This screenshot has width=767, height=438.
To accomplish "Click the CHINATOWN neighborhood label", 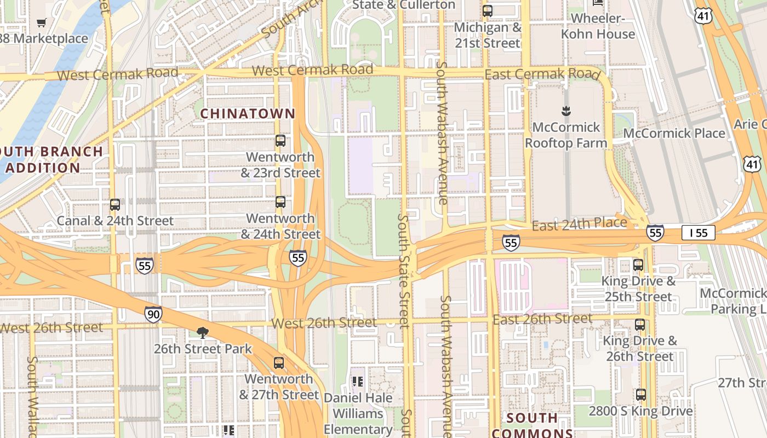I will tap(248, 114).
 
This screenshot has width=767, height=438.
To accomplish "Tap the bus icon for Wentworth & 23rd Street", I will tap(281, 141).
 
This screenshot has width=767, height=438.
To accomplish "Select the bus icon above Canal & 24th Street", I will tap(115, 205).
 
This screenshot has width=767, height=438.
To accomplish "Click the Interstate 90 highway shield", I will tap(153, 314).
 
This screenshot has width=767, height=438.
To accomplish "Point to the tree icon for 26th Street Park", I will tap(203, 332).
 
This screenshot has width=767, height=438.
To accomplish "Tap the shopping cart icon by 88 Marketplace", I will tap(41, 22).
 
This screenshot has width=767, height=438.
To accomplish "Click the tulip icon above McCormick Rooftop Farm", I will tap(566, 112).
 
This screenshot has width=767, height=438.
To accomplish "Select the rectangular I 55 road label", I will tap(699, 233).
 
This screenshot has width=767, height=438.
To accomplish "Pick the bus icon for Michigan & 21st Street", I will tap(487, 11).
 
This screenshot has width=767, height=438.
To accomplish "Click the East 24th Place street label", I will tap(579, 223).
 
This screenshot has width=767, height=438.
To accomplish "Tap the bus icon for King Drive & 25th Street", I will tap(638, 265).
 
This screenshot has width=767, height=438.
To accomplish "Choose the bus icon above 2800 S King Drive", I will tap(640, 394).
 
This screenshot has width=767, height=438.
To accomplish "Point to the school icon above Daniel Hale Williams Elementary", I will tap(358, 381).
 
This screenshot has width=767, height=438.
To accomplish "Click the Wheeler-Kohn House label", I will tap(603, 26).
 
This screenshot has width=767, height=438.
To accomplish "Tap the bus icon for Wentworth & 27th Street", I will tap(279, 362).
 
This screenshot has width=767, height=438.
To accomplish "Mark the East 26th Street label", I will tap(542, 319).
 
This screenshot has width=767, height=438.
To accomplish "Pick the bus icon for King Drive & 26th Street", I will tap(640, 324).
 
